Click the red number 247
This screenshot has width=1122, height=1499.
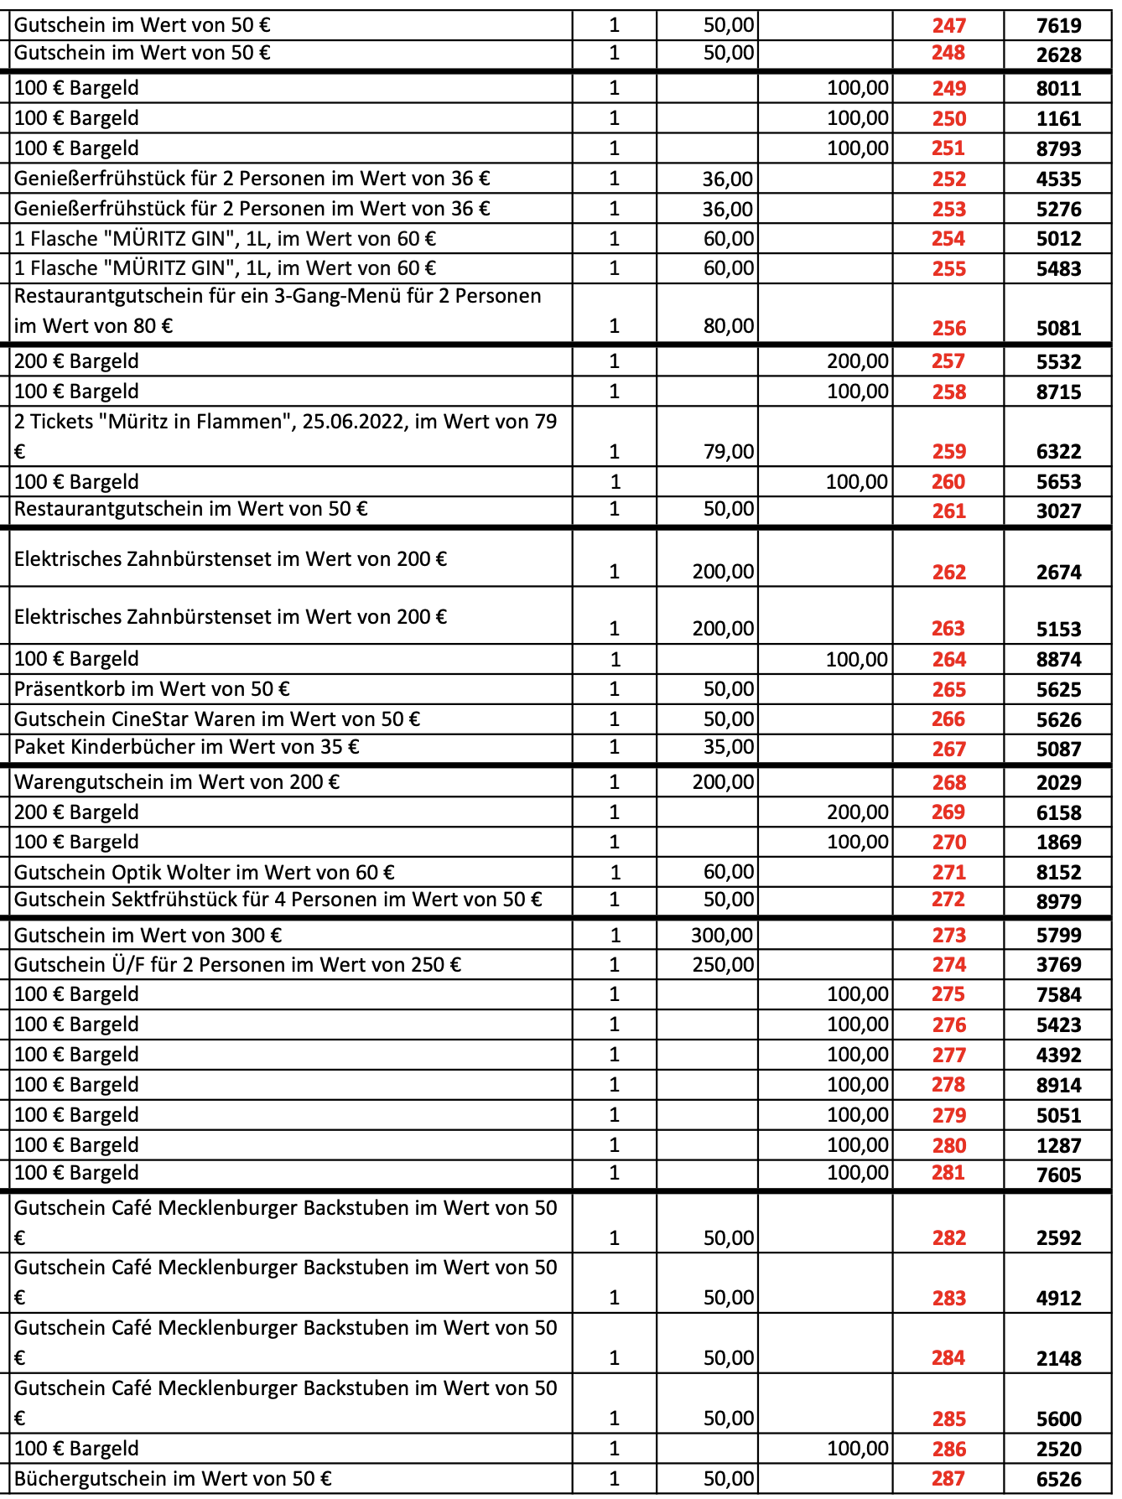pos(948,26)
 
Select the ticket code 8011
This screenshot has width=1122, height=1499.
pos(1058,89)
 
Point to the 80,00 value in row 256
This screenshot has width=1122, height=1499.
pos(728,326)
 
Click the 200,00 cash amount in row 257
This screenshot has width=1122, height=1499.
pos(857,361)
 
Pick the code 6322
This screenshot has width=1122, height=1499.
pos(1058,452)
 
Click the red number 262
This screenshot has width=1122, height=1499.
pos(948,573)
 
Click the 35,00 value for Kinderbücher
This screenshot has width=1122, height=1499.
pos(728,747)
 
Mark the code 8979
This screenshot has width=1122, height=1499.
pos(1058,902)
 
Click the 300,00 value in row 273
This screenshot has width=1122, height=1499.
pos(722,936)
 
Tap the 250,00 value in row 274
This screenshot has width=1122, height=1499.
pos(722,965)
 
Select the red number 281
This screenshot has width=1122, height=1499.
pos(948,1173)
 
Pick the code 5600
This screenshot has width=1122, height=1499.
pos(1058,1419)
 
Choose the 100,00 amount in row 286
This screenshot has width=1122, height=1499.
pos(857,1449)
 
